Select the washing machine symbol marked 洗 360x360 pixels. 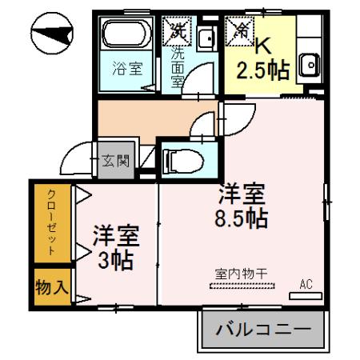(x=176, y=31)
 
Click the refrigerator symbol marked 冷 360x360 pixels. (x=238, y=31)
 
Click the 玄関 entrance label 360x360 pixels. (x=115, y=159)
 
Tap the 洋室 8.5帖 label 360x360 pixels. (x=242, y=206)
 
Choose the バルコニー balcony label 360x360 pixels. (x=263, y=329)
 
